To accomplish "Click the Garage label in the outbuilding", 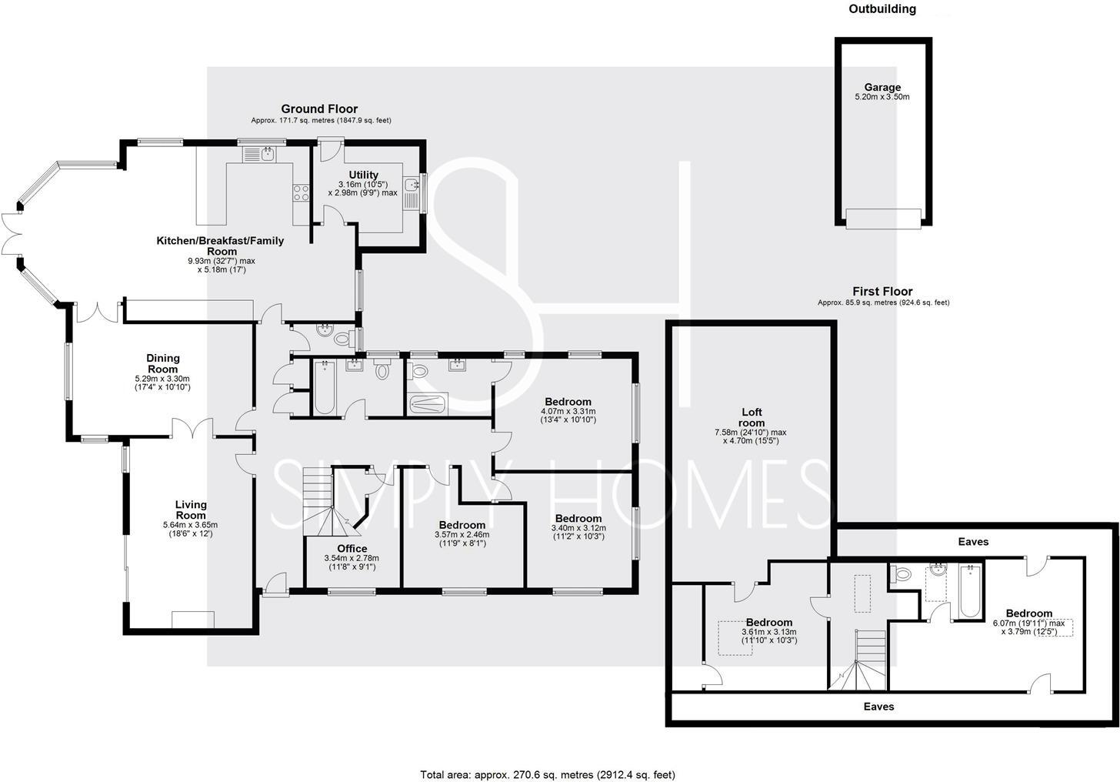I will (882, 87).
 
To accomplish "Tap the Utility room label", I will (362, 175).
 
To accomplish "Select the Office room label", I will (352, 548).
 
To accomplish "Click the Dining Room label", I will (163, 363).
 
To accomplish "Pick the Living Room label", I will (191, 510).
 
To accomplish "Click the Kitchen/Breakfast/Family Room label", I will (221, 246).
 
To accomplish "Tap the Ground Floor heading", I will (319, 109).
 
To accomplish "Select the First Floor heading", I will (882, 291).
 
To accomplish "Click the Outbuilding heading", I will (882, 9).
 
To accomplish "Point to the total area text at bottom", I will (547, 774).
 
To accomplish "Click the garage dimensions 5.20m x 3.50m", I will (882, 98).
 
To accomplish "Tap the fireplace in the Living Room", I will (193, 620).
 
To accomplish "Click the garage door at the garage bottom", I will (882, 218).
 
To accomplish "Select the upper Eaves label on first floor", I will (973, 542).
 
